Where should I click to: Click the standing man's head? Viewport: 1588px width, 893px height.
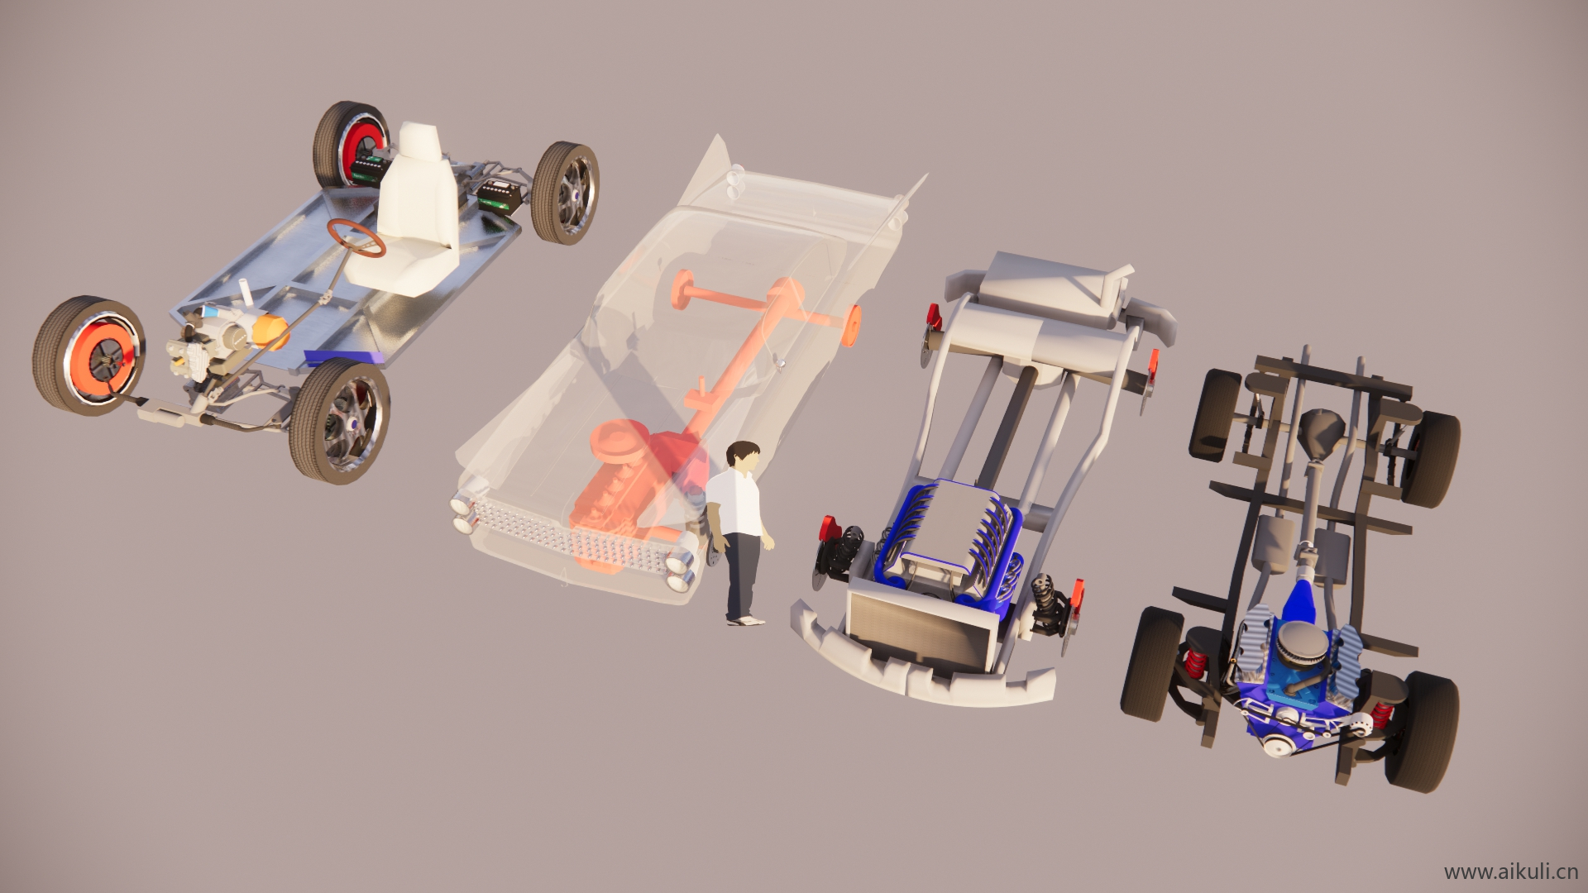(742, 458)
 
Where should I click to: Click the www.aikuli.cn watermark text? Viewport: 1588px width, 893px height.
(1511, 872)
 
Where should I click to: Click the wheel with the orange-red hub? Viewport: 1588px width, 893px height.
(89, 356)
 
